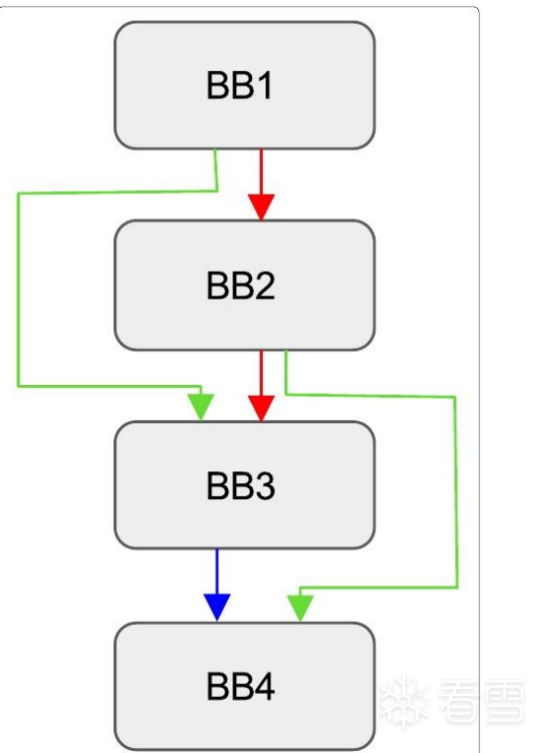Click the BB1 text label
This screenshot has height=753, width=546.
239,86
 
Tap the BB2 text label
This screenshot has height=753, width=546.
241,285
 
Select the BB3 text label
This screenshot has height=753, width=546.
241,485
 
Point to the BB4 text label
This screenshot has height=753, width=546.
241,686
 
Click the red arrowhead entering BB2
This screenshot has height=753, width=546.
262,207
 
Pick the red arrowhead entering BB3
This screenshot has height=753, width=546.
262,408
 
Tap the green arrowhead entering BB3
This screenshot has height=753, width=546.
201,408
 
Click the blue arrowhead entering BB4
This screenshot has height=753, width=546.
217,607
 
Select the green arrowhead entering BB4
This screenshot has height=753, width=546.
300,608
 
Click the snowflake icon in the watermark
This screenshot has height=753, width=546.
404,702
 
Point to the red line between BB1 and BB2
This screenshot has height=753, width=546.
262,171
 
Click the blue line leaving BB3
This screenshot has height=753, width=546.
217,572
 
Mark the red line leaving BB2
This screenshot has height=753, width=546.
262,373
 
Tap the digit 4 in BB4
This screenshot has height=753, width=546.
264,686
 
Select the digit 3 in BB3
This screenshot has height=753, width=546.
265,485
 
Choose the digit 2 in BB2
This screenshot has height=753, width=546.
265,285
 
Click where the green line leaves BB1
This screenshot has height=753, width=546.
215,150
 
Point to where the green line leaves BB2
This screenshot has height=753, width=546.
285,350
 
